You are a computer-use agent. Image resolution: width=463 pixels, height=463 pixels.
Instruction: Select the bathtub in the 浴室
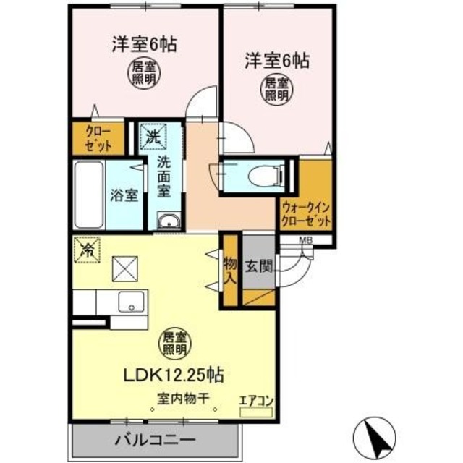click(90, 193)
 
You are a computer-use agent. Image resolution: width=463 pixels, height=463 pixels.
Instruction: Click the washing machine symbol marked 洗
click(152, 135)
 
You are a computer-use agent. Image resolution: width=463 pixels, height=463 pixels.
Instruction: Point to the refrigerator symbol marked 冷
click(87, 250)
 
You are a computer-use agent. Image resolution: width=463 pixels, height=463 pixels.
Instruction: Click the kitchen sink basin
click(132, 302)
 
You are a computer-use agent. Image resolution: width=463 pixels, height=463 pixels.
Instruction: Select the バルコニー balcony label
click(154, 438)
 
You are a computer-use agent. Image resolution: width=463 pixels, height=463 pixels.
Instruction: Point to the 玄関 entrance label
click(258, 266)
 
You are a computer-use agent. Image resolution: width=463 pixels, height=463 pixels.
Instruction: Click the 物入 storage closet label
click(230, 268)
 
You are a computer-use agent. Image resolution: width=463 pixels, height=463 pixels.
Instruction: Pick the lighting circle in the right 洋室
click(276, 88)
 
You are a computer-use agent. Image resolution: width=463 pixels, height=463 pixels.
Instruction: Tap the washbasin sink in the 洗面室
click(168, 221)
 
